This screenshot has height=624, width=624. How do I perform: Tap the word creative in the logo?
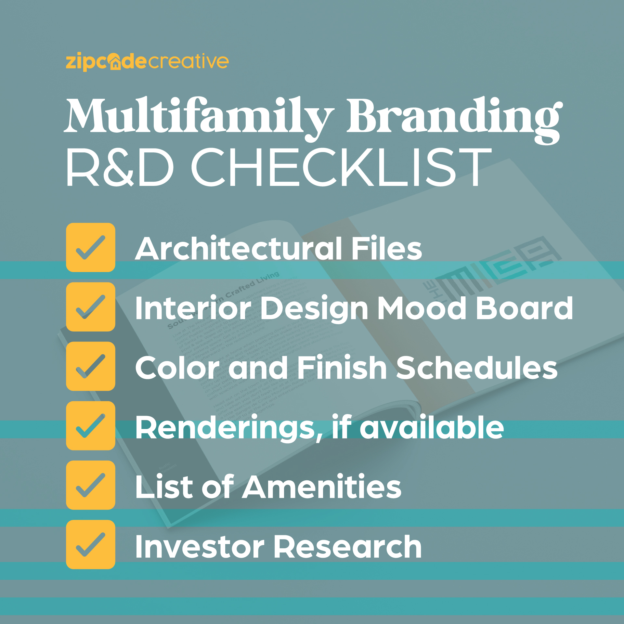pyautogui.click(x=188, y=61)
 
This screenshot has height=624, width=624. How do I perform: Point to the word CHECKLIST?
pyautogui.click(x=341, y=167)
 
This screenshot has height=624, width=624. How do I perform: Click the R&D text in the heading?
pyautogui.click(x=120, y=167)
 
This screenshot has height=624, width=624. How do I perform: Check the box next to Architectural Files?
pyautogui.click(x=91, y=247)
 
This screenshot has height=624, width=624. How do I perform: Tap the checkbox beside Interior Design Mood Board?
pyautogui.click(x=91, y=307)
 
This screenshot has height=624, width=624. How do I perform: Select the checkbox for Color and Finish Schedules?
pyautogui.click(x=91, y=366)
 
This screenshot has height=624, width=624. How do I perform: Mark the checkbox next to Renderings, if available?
pyautogui.click(x=91, y=426)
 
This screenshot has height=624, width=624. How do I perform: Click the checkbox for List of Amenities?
pyautogui.click(x=91, y=485)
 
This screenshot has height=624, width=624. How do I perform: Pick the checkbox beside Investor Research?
pyautogui.click(x=91, y=545)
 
